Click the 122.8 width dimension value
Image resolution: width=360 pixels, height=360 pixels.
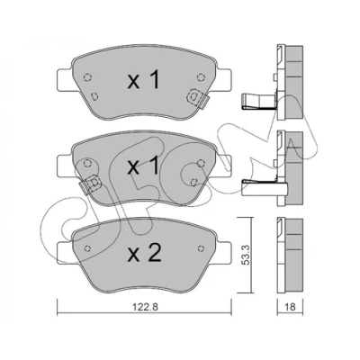click(144, 307)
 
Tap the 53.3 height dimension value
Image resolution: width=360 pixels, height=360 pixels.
click(246, 255)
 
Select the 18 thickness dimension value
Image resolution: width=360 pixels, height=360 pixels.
click(291, 307)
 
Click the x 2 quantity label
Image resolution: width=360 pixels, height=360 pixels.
click(145, 254)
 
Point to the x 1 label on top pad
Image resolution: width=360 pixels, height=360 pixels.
click(143, 80)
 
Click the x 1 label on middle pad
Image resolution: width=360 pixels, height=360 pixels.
click(143, 166)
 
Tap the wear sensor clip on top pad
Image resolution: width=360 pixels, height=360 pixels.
click(197, 98)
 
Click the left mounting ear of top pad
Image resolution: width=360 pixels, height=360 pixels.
click(65, 79)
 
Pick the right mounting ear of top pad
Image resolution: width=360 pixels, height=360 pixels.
click(223, 79)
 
